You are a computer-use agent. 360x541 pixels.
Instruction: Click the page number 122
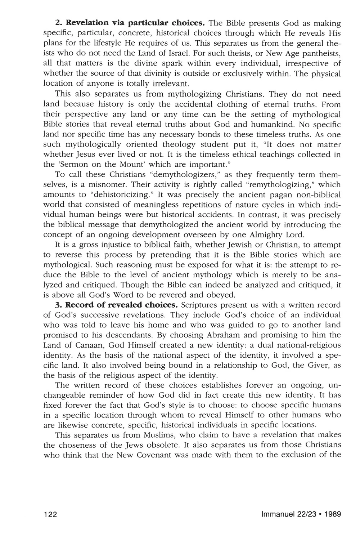click(x=50, y=514)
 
